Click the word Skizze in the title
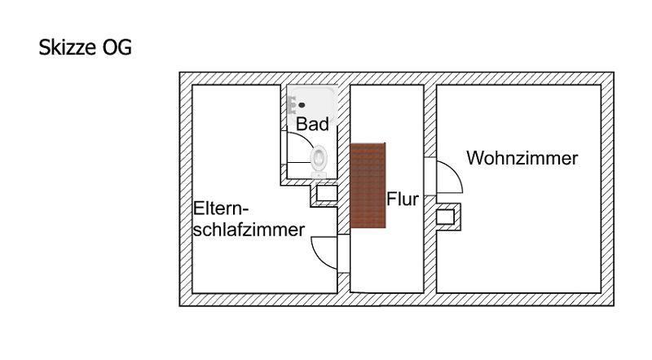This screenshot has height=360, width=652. [68, 47]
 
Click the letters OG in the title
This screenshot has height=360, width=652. [117, 47]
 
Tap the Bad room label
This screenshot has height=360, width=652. [312, 124]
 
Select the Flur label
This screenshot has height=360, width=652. [403, 199]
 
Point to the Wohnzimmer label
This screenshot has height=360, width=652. [522, 158]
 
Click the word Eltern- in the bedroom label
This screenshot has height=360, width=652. [221, 208]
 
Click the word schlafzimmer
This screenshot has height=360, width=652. [249, 230]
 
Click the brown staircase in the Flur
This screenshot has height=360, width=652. [368, 186]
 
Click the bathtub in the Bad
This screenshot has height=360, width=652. [311, 105]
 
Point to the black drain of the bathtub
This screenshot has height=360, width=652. [302, 105]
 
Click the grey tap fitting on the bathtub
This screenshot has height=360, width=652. [292, 105]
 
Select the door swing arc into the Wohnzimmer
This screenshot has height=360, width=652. [455, 171]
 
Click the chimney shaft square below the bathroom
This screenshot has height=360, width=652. [327, 193]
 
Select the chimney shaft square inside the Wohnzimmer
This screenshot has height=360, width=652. [445, 217]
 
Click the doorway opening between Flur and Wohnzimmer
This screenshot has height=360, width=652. [430, 176]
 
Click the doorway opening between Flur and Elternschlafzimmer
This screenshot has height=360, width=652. [343, 253]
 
